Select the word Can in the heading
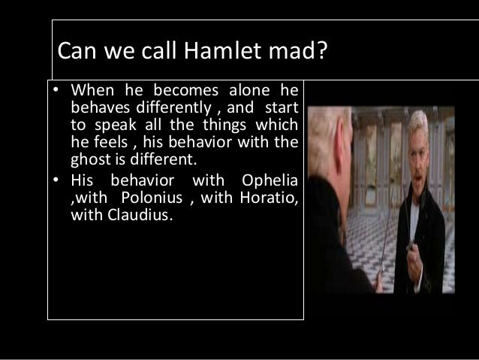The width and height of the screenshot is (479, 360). (78, 53)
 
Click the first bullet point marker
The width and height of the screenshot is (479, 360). (56, 92)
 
